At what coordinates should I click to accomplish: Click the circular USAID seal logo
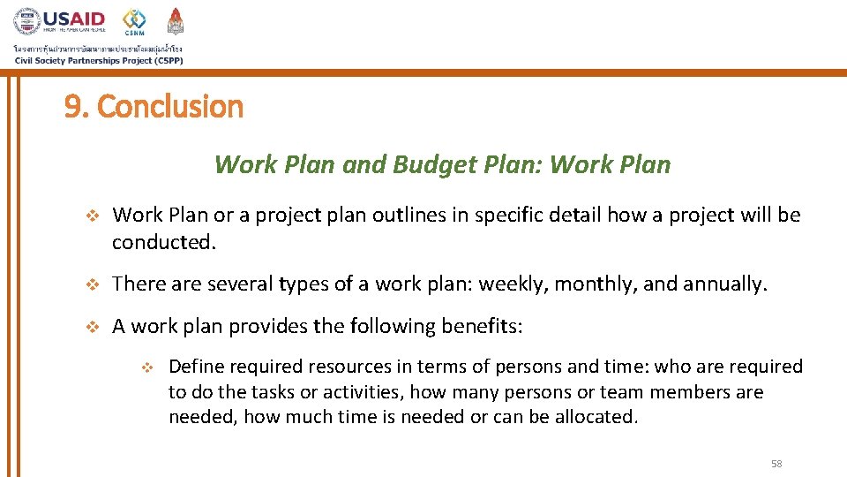coord(27,21)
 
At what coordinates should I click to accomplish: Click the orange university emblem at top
coord(176,20)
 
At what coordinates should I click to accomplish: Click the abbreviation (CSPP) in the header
coord(164,60)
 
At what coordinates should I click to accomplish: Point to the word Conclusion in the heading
coord(169,107)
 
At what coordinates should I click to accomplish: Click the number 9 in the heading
coord(72,107)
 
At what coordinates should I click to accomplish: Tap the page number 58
coord(776,464)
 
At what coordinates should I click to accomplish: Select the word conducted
coord(163,242)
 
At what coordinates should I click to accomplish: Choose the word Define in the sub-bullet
coord(195,367)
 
